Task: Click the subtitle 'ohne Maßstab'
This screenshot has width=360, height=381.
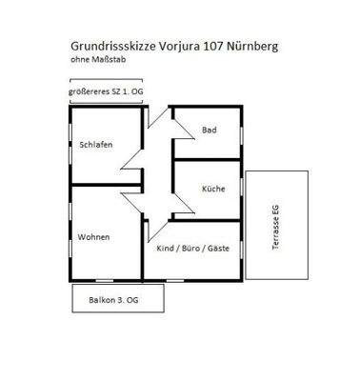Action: pyautogui.click(x=97, y=60)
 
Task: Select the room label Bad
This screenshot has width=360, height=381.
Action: pyautogui.click(x=210, y=131)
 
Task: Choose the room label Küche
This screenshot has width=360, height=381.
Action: pyautogui.click(x=213, y=189)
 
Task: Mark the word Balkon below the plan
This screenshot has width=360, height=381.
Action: pyautogui.click(x=98, y=298)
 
